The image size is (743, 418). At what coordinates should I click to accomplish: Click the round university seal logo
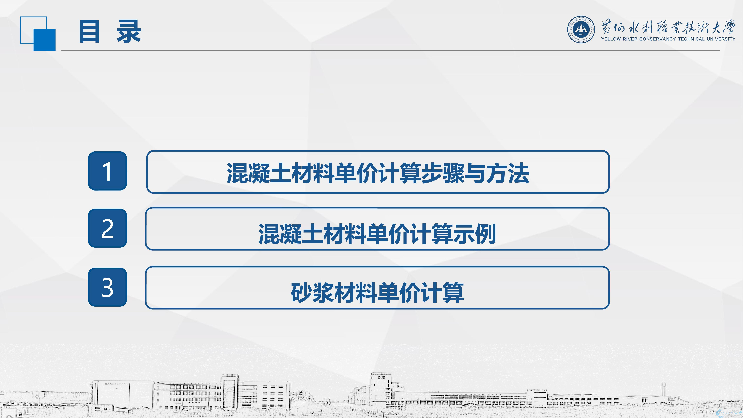pyautogui.click(x=581, y=29)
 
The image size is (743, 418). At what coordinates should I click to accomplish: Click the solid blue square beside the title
pyautogui.click(x=44, y=40)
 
